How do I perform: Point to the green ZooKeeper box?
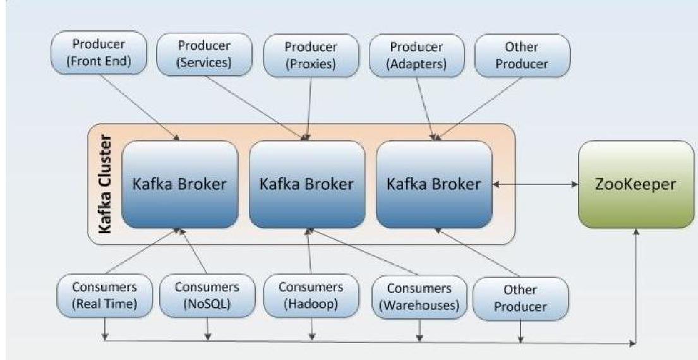coord(635,184)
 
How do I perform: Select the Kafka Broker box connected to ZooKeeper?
coord(434,184)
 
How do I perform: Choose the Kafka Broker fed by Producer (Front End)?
coord(179,184)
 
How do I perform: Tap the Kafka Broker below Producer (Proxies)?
coord(307,184)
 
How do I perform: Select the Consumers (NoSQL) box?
coord(207,294)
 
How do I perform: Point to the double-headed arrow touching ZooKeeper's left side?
coord(536,185)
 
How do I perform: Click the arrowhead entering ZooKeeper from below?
coord(635,233)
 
